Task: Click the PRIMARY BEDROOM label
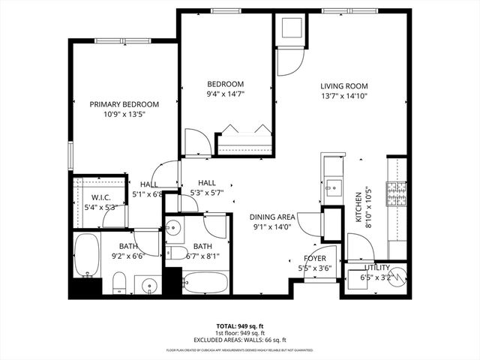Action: click(x=124, y=104)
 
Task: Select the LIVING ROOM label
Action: click(x=343, y=85)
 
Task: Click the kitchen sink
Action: click(x=331, y=185)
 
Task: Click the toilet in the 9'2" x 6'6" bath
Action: click(x=118, y=283)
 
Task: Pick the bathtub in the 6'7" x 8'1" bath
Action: click(x=205, y=284)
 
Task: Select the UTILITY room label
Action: click(x=377, y=267)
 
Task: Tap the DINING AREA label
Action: click(x=272, y=217)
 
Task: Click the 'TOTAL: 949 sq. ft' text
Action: click(x=240, y=326)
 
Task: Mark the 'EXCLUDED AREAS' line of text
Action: click(x=240, y=339)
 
